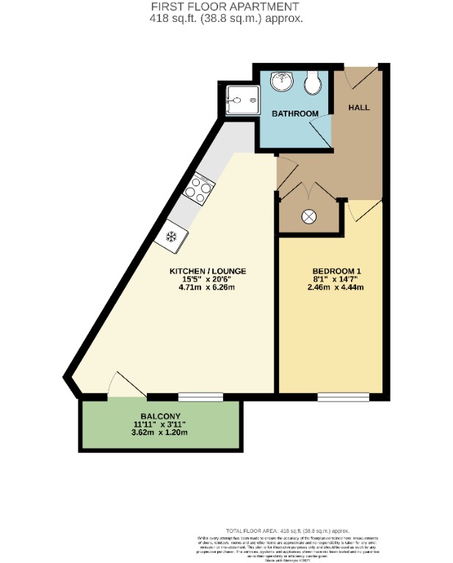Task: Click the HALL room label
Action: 359,108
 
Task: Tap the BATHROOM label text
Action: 294,114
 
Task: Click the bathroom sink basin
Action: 281,82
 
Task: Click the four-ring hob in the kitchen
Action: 198,190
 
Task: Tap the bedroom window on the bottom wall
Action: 344,397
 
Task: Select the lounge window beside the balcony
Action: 200,397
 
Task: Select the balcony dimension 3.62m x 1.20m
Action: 161,432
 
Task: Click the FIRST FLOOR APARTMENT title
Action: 227,7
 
